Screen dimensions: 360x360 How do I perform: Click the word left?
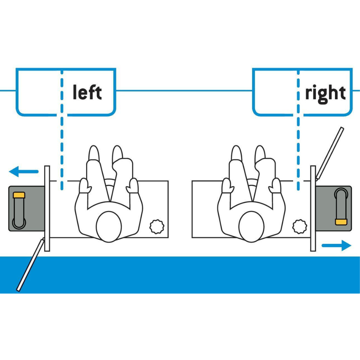(87, 92)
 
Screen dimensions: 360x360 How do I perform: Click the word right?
(325, 94)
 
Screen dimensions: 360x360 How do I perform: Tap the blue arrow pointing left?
(24, 172)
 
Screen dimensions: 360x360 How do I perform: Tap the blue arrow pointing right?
(336, 245)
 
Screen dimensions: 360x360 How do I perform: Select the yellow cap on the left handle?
(19, 195)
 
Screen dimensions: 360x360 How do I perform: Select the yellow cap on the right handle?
(341, 222)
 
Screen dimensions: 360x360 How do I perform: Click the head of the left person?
(109, 227)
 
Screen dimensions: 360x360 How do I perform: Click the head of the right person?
(251, 227)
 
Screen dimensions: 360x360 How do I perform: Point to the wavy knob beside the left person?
(157, 227)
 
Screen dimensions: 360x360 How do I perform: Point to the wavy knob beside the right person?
(300, 227)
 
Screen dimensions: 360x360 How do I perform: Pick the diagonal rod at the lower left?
(31, 265)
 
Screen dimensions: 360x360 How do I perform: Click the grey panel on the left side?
(27, 208)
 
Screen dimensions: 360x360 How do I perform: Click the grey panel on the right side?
(333, 208)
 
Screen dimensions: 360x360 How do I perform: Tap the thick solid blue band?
(180, 275)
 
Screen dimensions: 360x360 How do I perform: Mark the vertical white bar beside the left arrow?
(47, 208)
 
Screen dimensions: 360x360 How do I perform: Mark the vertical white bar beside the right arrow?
(313, 208)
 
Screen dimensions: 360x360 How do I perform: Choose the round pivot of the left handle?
(19, 223)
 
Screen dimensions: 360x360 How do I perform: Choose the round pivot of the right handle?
(341, 194)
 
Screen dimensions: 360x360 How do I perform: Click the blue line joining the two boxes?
(184, 90)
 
